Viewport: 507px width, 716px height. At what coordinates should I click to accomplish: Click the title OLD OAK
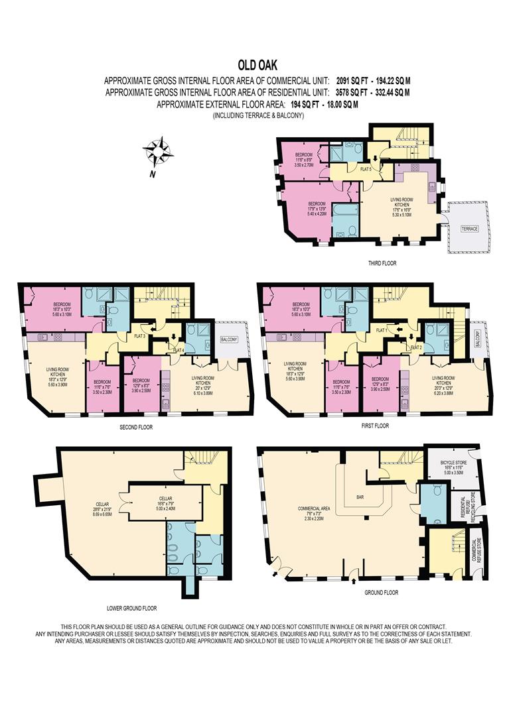pyautogui.click(x=254, y=65)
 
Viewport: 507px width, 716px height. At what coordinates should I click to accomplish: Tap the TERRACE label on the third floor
pyautogui.click(x=470, y=228)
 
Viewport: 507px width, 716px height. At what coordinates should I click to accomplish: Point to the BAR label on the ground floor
pyautogui.click(x=361, y=495)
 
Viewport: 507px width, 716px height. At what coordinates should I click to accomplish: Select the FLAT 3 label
pyautogui.click(x=139, y=335)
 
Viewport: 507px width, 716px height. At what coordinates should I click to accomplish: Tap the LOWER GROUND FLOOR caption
pyautogui.click(x=131, y=607)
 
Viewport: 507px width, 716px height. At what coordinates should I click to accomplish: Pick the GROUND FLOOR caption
pyautogui.click(x=382, y=592)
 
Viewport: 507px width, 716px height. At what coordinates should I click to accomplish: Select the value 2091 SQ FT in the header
pyautogui.click(x=354, y=80)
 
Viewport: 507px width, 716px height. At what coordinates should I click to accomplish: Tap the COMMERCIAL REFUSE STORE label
pyautogui.click(x=476, y=550)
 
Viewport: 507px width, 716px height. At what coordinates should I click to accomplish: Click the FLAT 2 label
pyautogui.click(x=416, y=347)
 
